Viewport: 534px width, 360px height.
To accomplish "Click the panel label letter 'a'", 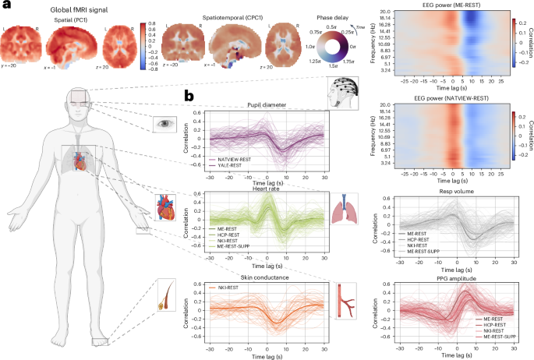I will click(x=7, y=7).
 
